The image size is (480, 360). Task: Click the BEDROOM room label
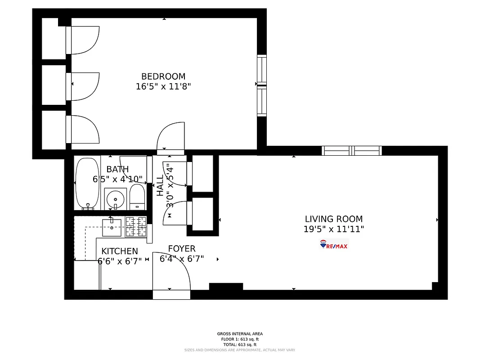pos(163,76)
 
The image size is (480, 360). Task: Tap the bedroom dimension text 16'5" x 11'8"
pos(163,86)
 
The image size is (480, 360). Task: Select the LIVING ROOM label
pos(333,219)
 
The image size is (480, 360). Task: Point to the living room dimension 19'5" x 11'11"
pos(333,229)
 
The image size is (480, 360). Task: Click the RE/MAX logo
pos(334,245)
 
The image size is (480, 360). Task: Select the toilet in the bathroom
pos(137,198)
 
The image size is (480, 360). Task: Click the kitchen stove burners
pos(136,226)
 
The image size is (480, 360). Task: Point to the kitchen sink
pos(111,224)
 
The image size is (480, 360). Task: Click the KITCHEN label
pos(120,251)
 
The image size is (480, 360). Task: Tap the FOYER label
pos(182,249)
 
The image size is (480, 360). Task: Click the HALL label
pos(160,185)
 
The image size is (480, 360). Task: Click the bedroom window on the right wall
pos(261,85)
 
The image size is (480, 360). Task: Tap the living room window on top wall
pos(351,151)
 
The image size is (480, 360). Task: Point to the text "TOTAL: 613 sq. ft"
pos(240,344)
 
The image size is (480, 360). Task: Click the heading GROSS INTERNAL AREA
pos(240,334)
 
